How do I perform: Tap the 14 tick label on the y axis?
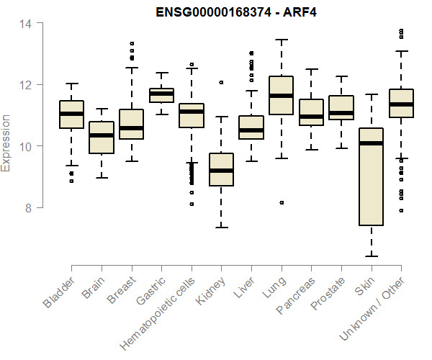(25, 24)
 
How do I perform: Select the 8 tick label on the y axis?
(28, 207)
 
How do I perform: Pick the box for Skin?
(371, 176)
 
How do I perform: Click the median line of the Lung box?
(281, 96)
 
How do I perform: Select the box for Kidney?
(221, 169)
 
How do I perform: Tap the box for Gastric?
(161, 95)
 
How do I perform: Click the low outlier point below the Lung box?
(281, 202)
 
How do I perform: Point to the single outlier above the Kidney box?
(221, 83)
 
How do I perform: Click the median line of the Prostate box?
(341, 113)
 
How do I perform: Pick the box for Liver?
(251, 127)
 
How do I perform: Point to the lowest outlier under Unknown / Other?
(401, 210)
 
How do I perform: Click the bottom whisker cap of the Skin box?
(371, 256)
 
